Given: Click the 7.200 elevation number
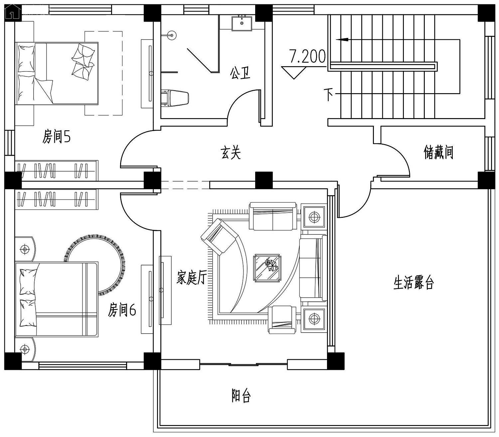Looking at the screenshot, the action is click(307, 57).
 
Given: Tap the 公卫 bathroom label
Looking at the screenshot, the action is click(240, 73).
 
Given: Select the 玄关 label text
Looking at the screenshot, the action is click(230, 153).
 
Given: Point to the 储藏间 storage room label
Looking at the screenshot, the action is click(438, 152).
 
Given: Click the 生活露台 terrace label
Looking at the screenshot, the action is click(414, 283).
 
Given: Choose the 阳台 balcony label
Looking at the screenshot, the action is click(241, 395).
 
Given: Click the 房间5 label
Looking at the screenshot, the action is click(57, 136).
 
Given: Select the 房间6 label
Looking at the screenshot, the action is click(122, 310).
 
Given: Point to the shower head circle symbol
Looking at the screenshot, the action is click(172, 35).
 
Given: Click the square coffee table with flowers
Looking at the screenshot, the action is click(267, 268).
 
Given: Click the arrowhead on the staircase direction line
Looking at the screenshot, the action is click(343, 39).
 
